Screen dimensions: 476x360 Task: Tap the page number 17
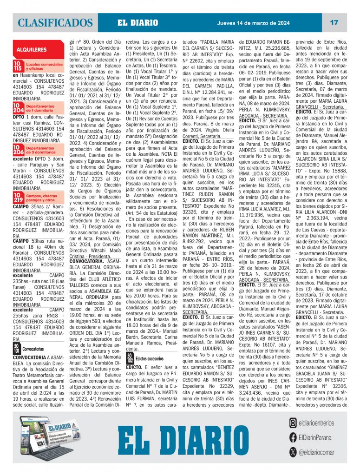[x=334, y=22]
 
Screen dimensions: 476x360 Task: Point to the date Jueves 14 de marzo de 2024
[x=253, y=23]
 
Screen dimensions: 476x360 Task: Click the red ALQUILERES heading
[x=32, y=49]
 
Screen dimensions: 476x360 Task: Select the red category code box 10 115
[x=18, y=66]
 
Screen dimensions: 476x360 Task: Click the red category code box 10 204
[x=18, y=108]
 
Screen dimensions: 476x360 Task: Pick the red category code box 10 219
[x=18, y=199]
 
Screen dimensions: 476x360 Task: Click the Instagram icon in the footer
[x=293, y=423]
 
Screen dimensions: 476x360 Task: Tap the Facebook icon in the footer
[x=293, y=437]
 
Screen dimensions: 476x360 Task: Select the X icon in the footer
[x=293, y=451]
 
